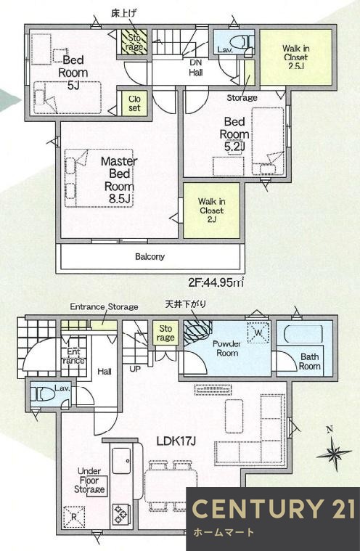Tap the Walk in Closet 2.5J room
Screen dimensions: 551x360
point(286,56)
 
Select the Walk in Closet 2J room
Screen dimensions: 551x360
point(211,209)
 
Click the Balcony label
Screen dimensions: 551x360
point(150,256)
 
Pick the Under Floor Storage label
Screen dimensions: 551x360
point(90,480)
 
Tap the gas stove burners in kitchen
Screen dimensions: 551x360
point(119,514)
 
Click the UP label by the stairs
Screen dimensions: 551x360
point(135,369)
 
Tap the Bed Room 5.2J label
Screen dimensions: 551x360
point(237,134)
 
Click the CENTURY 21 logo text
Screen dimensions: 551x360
point(274,507)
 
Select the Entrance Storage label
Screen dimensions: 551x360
point(103,307)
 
